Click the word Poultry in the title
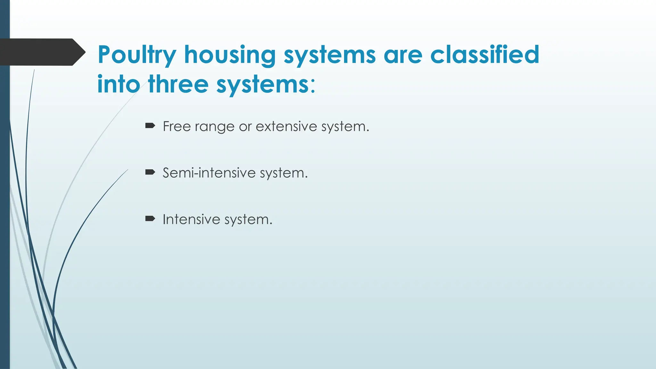pyautogui.click(x=137, y=55)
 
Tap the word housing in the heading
pyautogui.click(x=230, y=55)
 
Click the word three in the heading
pyautogui.click(x=178, y=84)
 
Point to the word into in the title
pyautogui.click(x=119, y=84)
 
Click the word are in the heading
pyautogui.click(x=403, y=55)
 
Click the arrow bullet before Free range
pyautogui.click(x=150, y=126)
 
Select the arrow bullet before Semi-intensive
pyautogui.click(x=150, y=172)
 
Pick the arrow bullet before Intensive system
pyautogui.click(x=150, y=219)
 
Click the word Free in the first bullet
pyautogui.click(x=177, y=126)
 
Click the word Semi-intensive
pyautogui.click(x=209, y=173)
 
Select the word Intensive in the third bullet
pyautogui.click(x=191, y=219)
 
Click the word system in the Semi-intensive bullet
pyautogui.click(x=283, y=173)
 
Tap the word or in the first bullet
pyautogui.click(x=245, y=127)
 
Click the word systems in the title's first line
pyautogui.click(x=330, y=55)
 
